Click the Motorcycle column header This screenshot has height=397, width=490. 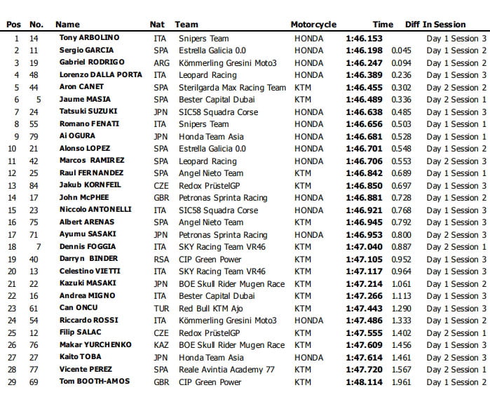coord(313,25)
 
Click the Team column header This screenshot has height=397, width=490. coord(186,25)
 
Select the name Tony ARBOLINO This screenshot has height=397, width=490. coord(90,38)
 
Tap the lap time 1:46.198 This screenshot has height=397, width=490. coord(364,51)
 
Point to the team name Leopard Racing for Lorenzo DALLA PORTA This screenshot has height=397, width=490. coord(207,75)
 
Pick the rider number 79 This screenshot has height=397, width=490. coord(34,136)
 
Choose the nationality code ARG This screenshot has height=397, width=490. coord(160,62)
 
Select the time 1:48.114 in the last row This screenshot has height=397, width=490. coord(364,382)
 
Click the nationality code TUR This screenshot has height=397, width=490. coord(160,308)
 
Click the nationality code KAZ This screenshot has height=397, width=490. coord(160,345)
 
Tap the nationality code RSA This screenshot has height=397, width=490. coord(160,259)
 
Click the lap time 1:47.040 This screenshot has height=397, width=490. coord(364,247)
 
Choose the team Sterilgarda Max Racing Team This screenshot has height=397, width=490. coord(232,87)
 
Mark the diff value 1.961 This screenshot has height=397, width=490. coord(402,382)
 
